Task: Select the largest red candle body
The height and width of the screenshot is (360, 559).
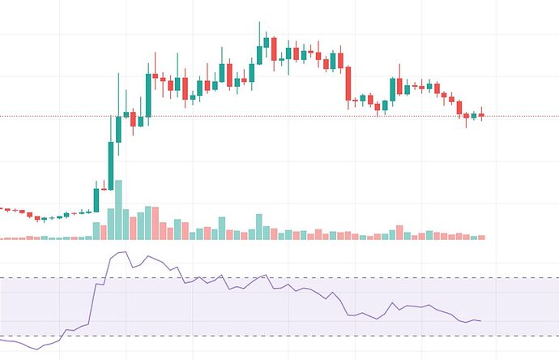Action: [x=348, y=84]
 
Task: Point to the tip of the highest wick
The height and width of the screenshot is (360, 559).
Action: [x=259, y=23]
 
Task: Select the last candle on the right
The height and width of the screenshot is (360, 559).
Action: [x=481, y=115]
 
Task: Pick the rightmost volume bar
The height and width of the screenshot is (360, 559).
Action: [x=481, y=237]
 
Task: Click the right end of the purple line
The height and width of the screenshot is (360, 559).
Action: [x=481, y=321]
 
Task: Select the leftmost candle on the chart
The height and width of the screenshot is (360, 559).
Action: [x=2, y=208]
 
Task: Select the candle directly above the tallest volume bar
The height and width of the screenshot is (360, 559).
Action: [x=118, y=130]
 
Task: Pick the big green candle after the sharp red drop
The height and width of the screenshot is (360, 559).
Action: [x=393, y=88]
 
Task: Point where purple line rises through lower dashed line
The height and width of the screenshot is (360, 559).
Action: [x=62, y=335]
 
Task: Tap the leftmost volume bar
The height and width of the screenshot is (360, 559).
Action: [x=3, y=238]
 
